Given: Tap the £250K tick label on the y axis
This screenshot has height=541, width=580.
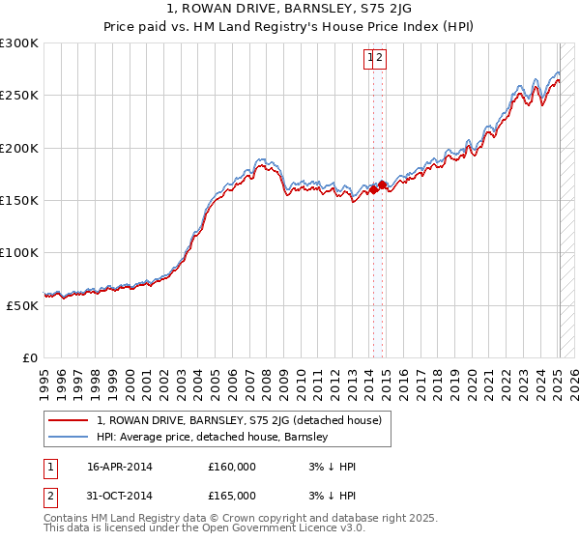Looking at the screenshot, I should point(19,96).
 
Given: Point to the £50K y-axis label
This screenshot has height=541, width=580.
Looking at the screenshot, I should point(22,305).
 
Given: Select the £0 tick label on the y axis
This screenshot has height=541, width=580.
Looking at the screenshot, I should point(30,357).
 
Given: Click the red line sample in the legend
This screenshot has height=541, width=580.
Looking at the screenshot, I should point(68,420).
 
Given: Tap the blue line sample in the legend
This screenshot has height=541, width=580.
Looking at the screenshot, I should point(68,437).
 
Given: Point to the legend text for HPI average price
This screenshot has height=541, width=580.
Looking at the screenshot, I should point(213,437).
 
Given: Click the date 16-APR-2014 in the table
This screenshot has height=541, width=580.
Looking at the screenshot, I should point(120,467).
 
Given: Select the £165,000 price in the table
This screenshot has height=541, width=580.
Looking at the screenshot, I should point(232,496).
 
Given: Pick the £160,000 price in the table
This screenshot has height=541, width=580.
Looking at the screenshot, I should point(232,467).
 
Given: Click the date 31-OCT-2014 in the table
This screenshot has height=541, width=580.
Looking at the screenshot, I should point(120,496).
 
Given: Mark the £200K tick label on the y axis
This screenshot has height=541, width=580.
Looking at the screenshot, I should point(19,148).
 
